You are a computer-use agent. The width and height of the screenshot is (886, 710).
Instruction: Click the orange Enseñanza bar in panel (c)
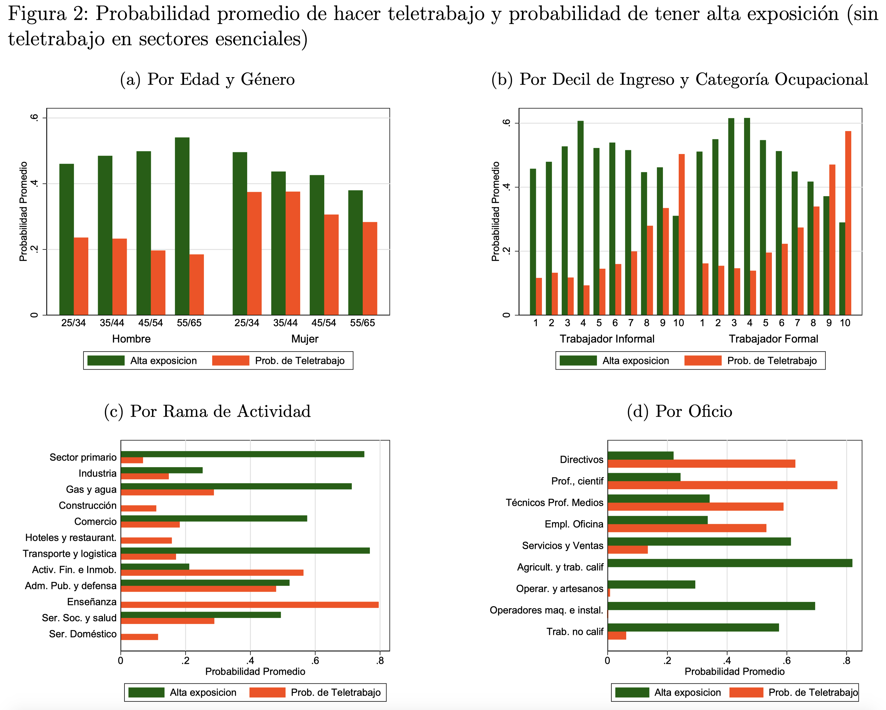click(250, 605)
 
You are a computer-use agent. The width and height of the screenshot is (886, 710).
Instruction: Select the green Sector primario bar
click(243, 454)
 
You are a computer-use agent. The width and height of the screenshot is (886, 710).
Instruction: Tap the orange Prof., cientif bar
click(723, 485)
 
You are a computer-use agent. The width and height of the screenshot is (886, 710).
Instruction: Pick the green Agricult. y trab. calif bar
click(730, 563)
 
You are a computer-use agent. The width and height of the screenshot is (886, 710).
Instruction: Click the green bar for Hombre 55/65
click(182, 226)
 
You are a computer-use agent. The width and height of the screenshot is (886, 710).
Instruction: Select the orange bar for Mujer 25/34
click(254, 253)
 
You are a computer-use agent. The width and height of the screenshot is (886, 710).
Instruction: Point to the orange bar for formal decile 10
click(848, 223)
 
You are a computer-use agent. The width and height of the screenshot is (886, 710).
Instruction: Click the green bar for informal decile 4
click(580, 218)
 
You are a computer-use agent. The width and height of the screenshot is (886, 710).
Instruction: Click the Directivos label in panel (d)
click(581, 459)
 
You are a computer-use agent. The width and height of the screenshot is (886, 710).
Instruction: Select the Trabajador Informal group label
click(607, 339)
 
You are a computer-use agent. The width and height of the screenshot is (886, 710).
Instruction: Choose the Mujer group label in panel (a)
click(305, 339)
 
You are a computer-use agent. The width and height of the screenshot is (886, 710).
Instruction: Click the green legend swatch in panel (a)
click(106, 360)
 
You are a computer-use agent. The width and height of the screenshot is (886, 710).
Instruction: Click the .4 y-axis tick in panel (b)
click(506, 187)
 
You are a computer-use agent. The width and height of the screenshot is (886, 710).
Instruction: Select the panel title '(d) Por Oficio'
click(679, 411)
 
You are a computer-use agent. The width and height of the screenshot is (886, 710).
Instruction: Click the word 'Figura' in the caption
click(37, 14)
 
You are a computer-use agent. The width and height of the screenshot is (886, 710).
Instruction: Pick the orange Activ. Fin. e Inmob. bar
click(212, 573)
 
